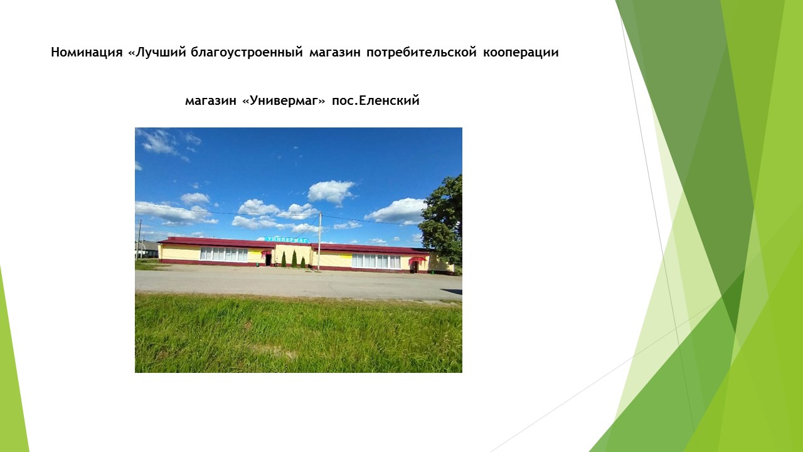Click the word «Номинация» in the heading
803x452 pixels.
pyautogui.click(x=87, y=52)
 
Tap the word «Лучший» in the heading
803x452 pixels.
pyautogui.click(x=157, y=52)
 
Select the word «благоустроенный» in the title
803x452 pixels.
pyautogui.click(x=247, y=52)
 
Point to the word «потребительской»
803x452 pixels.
pyautogui.click(x=422, y=52)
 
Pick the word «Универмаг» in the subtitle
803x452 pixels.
pyautogui.click(x=284, y=100)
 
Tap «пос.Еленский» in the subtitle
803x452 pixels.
pyautogui.click(x=376, y=100)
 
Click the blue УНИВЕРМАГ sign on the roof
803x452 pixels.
pyautogui.click(x=286, y=239)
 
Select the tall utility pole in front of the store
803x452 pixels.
pyautogui.click(x=319, y=242)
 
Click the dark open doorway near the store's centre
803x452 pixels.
pyautogui.click(x=268, y=259)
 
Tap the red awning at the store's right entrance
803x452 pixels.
pyautogui.click(x=418, y=259)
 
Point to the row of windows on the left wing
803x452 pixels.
pyautogui.click(x=224, y=254)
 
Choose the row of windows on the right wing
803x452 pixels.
pyautogui.click(x=376, y=261)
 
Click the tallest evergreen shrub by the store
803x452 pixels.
pyautogui.click(x=294, y=259)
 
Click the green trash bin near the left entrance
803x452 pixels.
pyautogui.click(x=257, y=265)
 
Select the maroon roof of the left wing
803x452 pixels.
pyautogui.click(x=217, y=242)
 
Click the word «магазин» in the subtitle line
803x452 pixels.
pyautogui.click(x=211, y=101)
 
